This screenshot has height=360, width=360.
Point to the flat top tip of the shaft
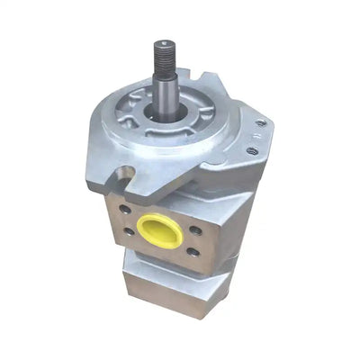[165, 41]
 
